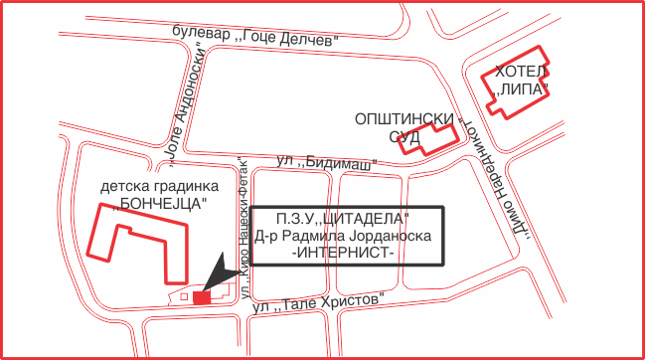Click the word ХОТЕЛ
coord(521,73)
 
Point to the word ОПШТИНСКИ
coord(404,119)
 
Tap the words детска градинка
coord(159,186)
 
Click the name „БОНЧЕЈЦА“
coord(159,204)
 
